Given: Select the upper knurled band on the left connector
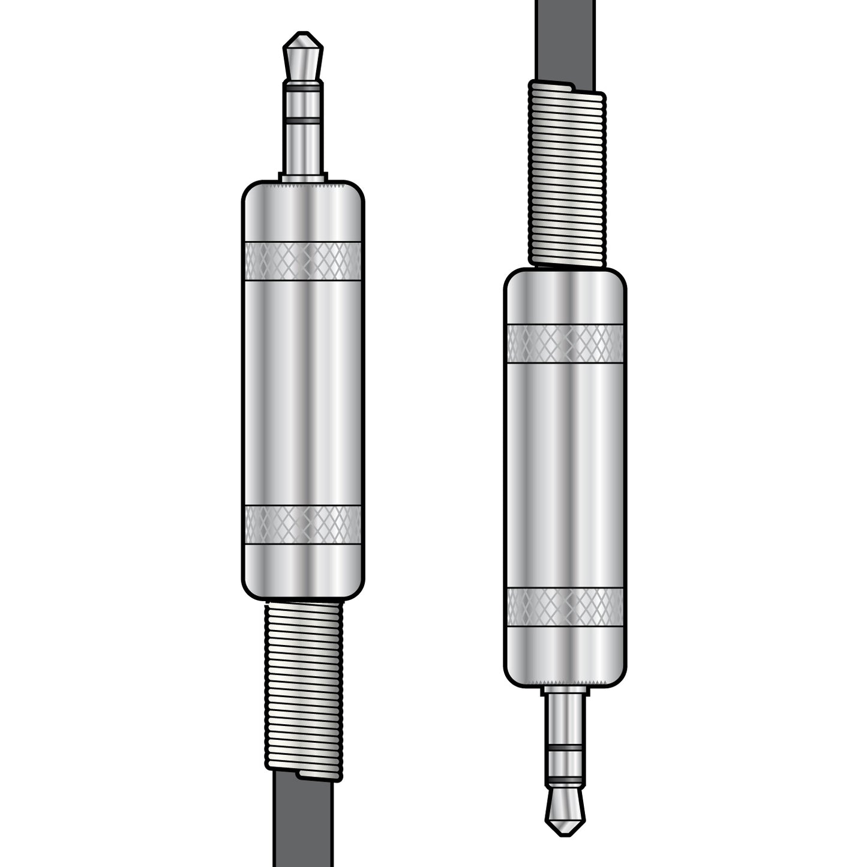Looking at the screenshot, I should tap(303, 261).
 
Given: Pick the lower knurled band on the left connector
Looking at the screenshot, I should tap(303, 524).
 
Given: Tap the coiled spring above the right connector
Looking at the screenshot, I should tap(566, 174).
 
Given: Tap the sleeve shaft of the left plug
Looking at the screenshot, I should tap(303, 150).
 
